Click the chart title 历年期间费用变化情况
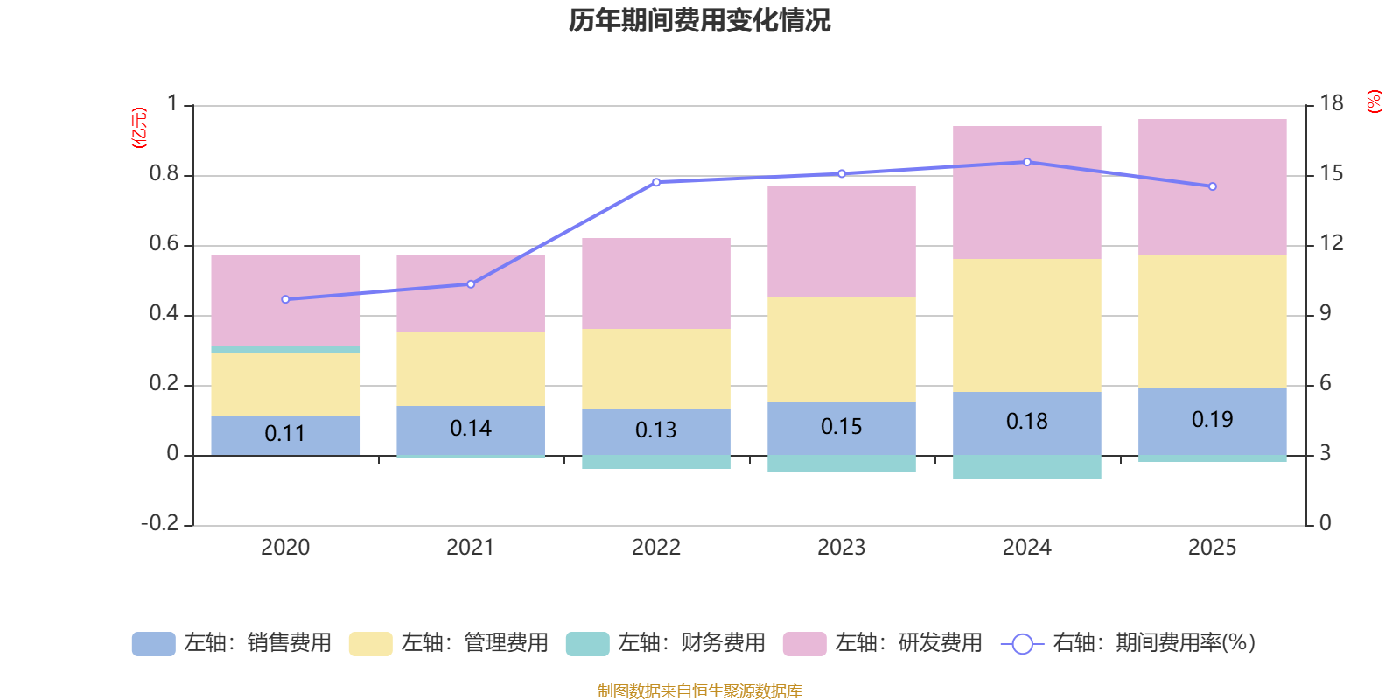point(699,20)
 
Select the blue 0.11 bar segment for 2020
point(285,435)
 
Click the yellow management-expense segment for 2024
point(1026,325)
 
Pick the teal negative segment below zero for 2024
point(1026,467)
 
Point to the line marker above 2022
point(656,182)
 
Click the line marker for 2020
point(285,299)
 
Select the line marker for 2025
point(1212,186)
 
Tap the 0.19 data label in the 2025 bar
point(1212,420)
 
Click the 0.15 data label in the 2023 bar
point(841,427)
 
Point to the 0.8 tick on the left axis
point(164,174)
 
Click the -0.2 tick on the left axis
point(159,523)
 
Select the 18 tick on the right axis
point(1331,103)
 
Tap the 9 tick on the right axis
point(1325,313)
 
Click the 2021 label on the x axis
point(470,548)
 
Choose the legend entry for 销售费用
point(232,643)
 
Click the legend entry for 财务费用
point(666,643)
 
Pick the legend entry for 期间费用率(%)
point(1129,643)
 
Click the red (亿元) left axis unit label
point(138,128)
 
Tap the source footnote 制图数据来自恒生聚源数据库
point(699,691)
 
